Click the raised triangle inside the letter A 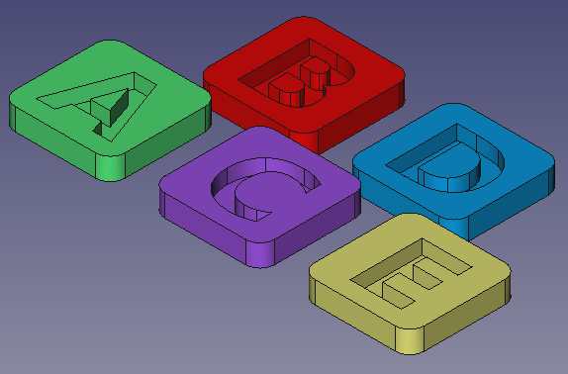109,106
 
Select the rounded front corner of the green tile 110,167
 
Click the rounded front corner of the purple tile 260,253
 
